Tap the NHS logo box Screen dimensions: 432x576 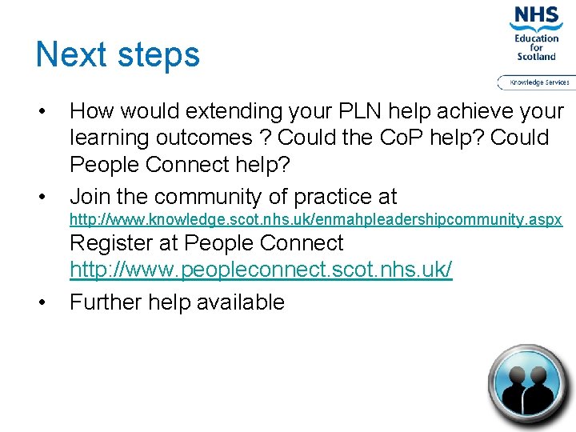(x=537, y=16)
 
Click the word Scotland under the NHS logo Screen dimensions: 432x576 (x=537, y=57)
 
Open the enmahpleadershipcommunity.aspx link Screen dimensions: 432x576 (x=316, y=219)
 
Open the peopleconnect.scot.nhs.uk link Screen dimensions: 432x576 (x=261, y=270)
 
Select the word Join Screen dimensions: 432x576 (x=90, y=197)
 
